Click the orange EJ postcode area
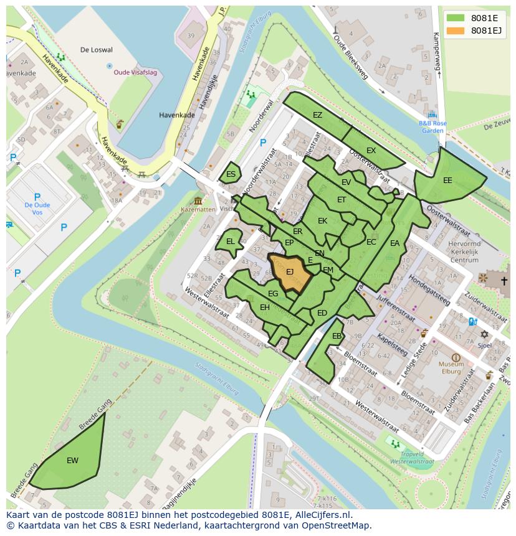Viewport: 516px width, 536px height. tap(290, 273)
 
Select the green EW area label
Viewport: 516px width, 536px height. tap(72, 461)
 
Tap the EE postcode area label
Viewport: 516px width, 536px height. tap(447, 181)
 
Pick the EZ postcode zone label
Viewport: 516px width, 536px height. tap(317, 115)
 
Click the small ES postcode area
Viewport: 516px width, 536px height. tap(231, 174)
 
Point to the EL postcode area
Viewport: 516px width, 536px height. tap(230, 242)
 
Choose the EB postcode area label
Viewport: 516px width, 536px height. tap(337, 336)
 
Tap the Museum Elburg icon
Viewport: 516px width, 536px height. tap(456, 358)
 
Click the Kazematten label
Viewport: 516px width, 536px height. tap(198, 210)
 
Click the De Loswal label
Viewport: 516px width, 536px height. tap(97, 49)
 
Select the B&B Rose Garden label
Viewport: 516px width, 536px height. tap(432, 127)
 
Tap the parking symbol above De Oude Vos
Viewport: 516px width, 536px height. tap(37, 196)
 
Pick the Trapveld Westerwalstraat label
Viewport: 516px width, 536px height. tap(411, 458)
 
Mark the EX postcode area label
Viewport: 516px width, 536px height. tap(371, 151)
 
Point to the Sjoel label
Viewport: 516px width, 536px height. tap(484, 344)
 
